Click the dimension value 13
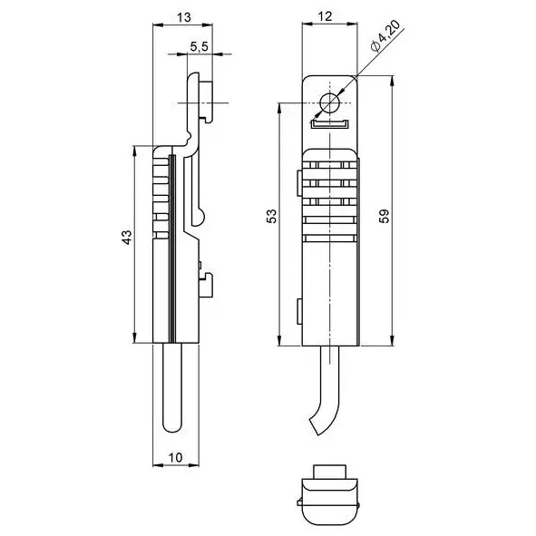184,17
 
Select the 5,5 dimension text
199,46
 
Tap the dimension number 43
127,238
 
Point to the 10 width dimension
175,457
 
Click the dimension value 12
325,16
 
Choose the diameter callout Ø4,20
385,35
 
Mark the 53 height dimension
272,216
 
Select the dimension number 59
385,216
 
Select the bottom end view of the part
329,495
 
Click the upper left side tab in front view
299,183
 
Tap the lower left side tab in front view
299,311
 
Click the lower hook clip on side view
206,285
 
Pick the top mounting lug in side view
206,102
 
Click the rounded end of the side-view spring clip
199,218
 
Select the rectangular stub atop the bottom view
329,472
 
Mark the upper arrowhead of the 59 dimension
392,80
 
